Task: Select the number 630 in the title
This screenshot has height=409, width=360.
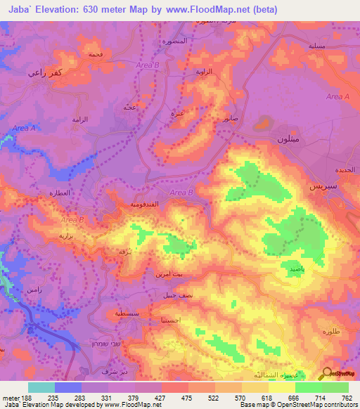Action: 98,10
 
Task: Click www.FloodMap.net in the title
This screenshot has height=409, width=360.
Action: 211,10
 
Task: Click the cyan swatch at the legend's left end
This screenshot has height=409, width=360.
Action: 41,387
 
